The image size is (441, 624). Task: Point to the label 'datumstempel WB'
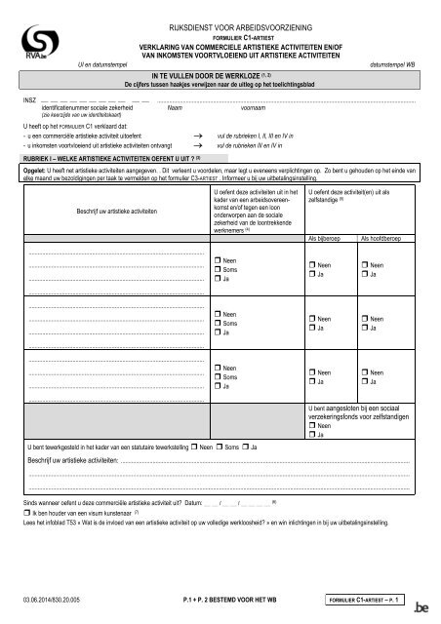coord(395,62)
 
